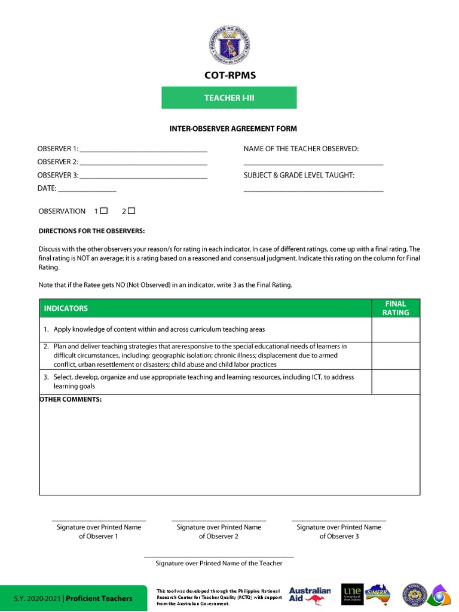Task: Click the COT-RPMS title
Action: [x=229, y=76]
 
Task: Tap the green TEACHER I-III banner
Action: [x=229, y=97]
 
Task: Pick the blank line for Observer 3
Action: [x=143, y=178]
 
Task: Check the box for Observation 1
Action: [x=104, y=210]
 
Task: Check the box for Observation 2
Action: [x=132, y=210]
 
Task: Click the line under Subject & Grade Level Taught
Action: [x=313, y=191]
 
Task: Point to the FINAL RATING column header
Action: [x=396, y=308]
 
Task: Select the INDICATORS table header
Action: [x=65, y=308]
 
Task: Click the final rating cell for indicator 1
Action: [x=396, y=329]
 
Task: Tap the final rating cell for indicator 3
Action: [x=396, y=382]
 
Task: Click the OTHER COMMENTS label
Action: [x=71, y=399]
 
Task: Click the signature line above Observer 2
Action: [x=219, y=520]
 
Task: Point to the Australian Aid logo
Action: [x=309, y=595]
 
